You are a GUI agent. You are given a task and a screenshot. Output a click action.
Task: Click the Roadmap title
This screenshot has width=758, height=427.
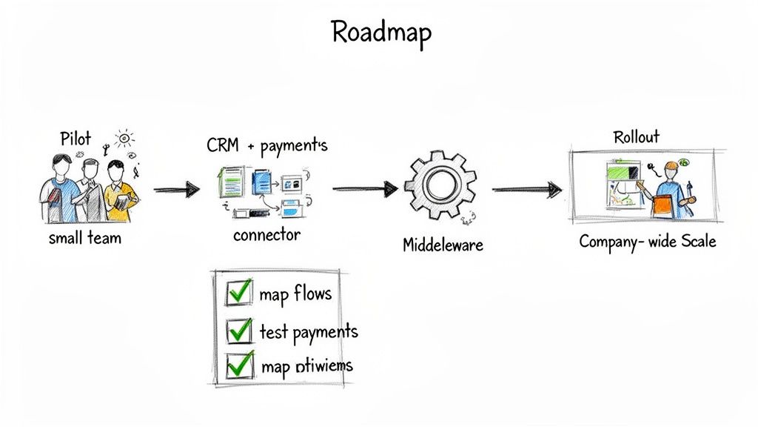tap(381, 32)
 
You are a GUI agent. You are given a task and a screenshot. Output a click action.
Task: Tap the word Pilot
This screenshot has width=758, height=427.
tap(76, 138)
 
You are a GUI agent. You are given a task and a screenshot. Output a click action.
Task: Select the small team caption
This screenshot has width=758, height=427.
tap(85, 239)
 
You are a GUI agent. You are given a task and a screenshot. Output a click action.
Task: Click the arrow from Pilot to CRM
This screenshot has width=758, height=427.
tap(176, 190)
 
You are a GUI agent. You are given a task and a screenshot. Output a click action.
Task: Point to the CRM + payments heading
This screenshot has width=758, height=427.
tap(267, 146)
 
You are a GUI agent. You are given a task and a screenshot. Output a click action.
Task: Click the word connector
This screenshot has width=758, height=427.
tap(266, 235)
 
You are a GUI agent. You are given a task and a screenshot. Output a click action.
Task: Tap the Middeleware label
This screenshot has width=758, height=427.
tap(443, 244)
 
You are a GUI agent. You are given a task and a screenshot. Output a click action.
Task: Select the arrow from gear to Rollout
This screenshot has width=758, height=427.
tap(527, 191)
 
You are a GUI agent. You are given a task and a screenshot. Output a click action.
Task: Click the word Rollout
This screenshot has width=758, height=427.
tap(636, 136)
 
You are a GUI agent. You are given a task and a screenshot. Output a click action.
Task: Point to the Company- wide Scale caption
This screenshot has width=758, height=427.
tap(647, 241)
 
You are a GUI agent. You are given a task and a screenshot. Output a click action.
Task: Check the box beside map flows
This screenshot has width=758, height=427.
tap(238, 293)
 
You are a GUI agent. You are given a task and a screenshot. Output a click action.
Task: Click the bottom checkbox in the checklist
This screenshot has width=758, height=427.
tap(238, 364)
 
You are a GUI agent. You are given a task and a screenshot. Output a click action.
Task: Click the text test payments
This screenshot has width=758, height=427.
tap(309, 331)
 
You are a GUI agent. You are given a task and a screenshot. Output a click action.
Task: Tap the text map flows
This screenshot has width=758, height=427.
tap(295, 294)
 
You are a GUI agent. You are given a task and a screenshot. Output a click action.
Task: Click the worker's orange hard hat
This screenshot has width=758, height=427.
tap(671, 165)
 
